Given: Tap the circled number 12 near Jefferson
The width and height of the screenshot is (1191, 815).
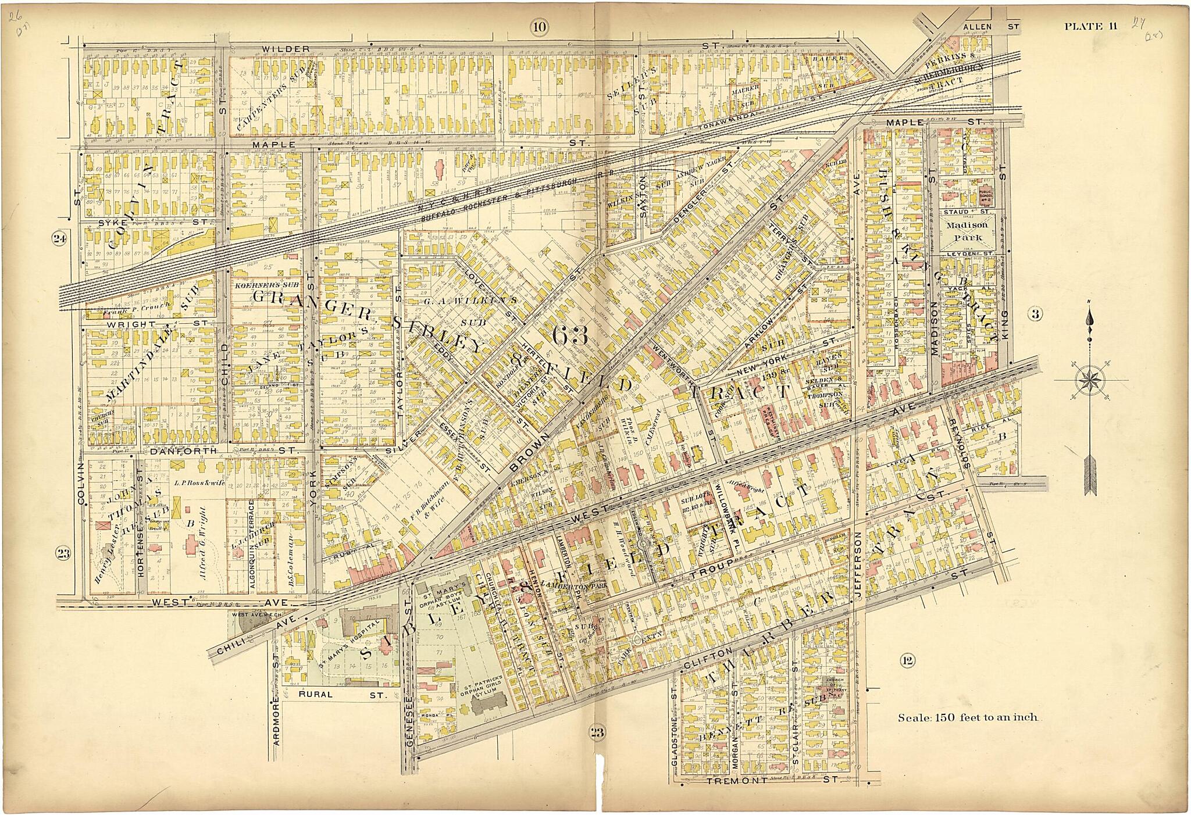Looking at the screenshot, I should point(907,660).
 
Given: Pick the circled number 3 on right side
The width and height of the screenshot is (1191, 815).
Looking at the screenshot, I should point(1035,314).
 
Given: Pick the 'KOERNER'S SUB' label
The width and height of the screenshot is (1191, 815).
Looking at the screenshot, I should point(259,286).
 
